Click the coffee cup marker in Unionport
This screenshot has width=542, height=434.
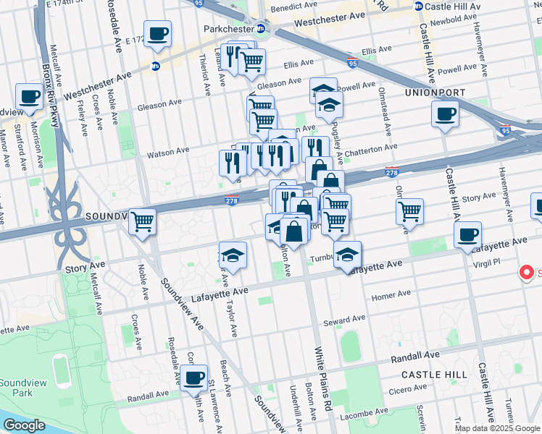point(444,114)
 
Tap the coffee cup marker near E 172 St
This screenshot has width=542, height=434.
point(159,33)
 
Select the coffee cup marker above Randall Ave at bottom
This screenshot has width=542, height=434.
point(193,378)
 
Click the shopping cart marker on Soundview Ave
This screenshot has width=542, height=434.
point(142,221)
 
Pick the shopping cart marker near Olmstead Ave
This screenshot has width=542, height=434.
point(409,212)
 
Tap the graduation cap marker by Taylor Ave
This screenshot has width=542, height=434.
point(233,255)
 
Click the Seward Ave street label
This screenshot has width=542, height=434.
point(344,320)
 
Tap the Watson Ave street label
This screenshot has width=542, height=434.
point(167,152)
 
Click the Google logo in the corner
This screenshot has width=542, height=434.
point(24,425)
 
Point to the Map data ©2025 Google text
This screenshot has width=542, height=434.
point(496,428)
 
